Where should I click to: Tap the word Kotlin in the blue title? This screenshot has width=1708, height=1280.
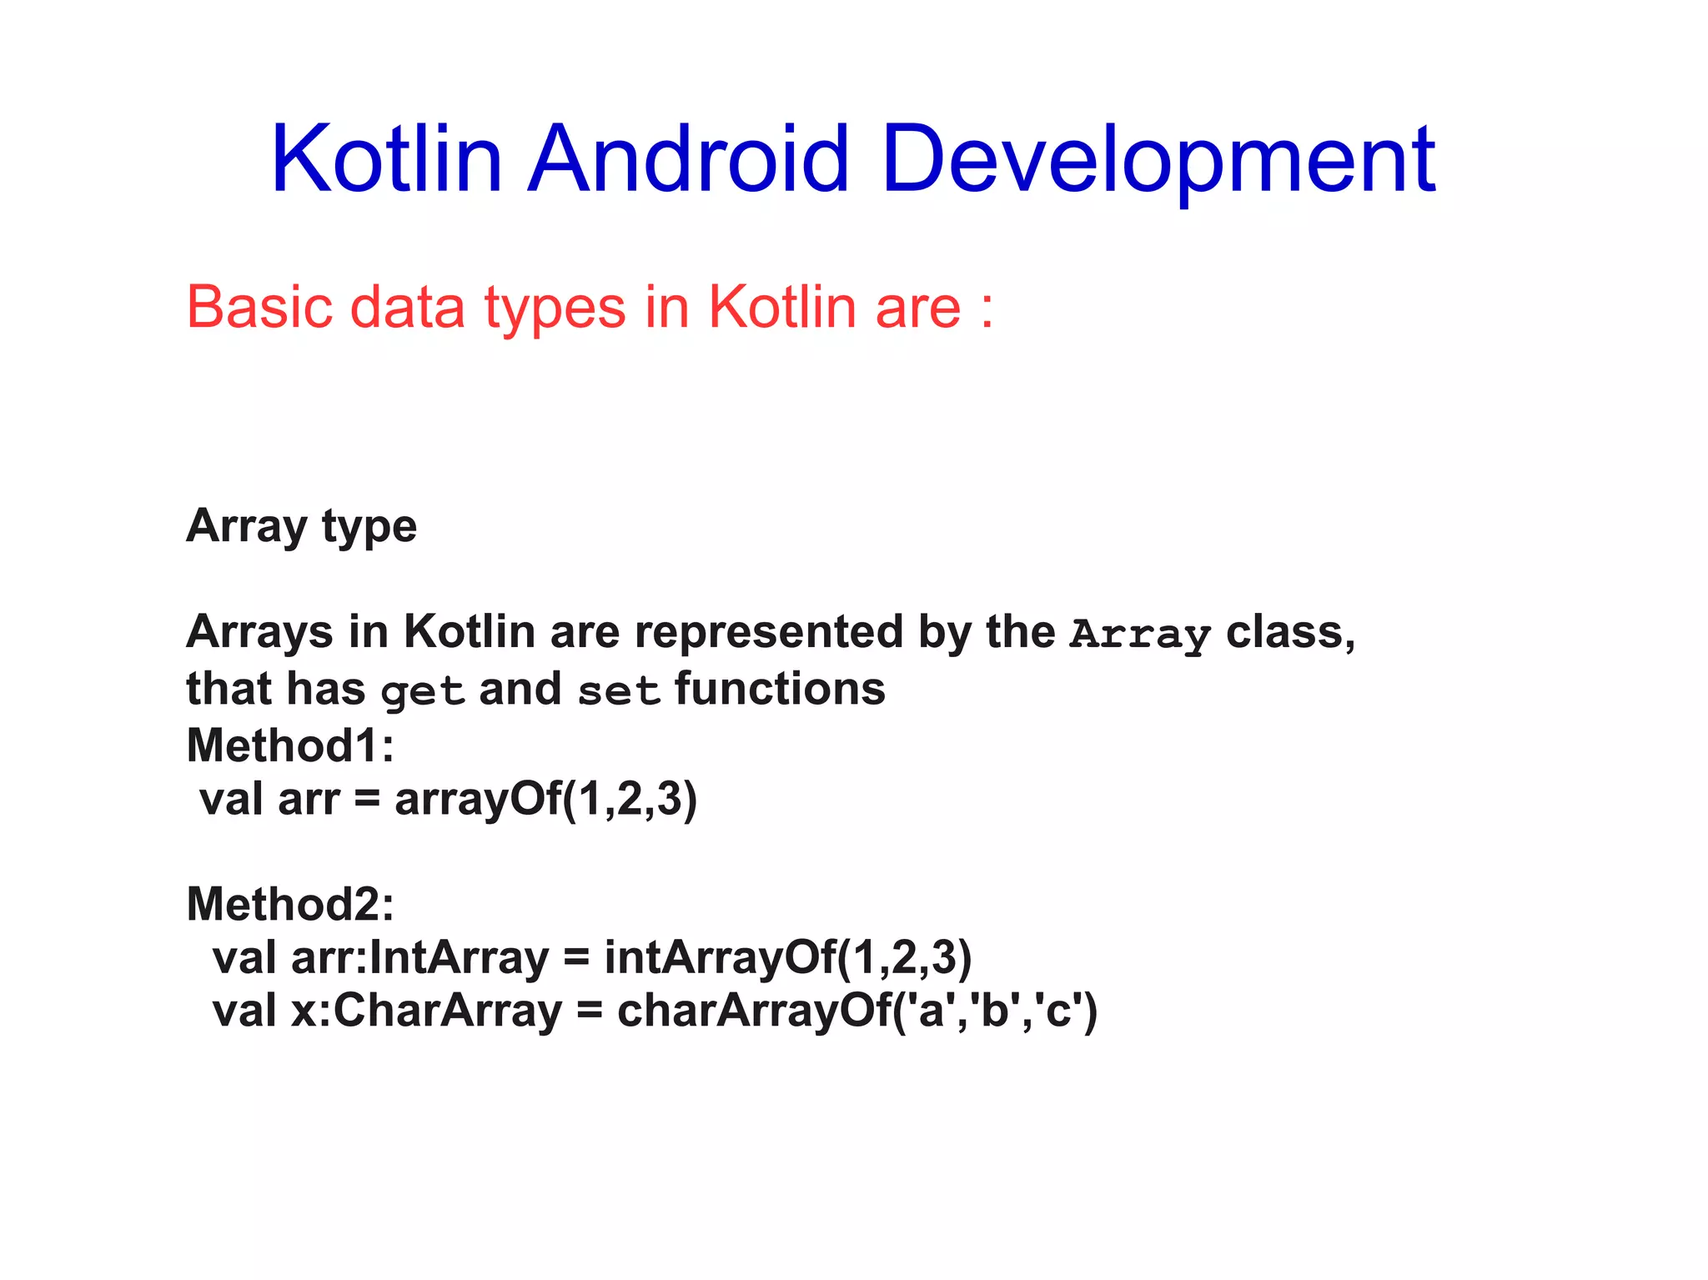(x=386, y=158)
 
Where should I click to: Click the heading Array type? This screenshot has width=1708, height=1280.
(x=301, y=527)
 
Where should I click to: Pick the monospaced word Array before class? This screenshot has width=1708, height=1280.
(x=1140, y=634)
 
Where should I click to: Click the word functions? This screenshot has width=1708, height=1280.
(x=780, y=690)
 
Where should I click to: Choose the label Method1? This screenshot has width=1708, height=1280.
(x=290, y=745)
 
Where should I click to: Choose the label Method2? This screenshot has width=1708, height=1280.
(x=290, y=904)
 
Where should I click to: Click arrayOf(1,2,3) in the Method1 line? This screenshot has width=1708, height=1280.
(x=545, y=799)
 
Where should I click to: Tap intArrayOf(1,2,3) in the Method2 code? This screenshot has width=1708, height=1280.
(x=787, y=957)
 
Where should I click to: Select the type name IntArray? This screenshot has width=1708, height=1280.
(x=458, y=957)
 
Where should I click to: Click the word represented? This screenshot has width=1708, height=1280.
(x=768, y=632)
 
